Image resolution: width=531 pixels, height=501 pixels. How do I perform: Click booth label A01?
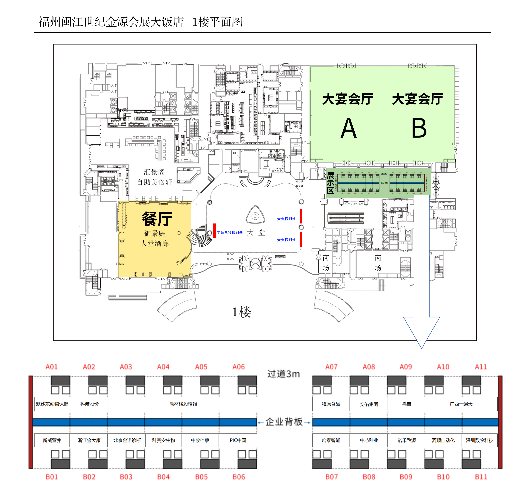click(52, 367)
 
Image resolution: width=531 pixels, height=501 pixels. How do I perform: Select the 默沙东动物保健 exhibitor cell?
click(52, 404)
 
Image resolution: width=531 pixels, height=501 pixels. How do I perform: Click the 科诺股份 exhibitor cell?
click(89, 404)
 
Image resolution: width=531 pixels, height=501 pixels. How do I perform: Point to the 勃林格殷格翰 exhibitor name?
click(183, 404)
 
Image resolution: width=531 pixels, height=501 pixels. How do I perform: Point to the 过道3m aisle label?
click(283, 374)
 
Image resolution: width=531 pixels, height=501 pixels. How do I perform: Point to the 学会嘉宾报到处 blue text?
click(230, 232)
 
